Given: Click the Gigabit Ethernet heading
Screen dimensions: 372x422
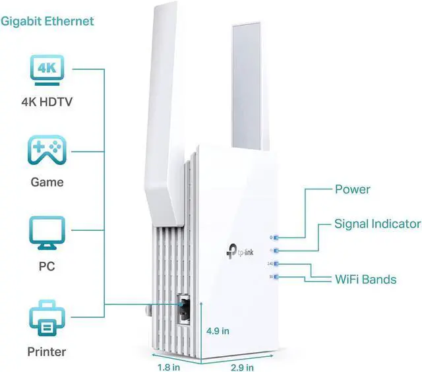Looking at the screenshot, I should coord(47,21).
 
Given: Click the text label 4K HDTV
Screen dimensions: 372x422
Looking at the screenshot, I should coord(47,102).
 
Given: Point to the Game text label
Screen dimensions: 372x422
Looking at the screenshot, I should coord(47,181).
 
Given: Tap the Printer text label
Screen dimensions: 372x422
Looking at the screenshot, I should coord(47,351).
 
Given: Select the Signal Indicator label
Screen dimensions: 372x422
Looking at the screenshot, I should coord(377,224).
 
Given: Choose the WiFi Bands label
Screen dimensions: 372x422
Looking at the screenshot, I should coord(366,279).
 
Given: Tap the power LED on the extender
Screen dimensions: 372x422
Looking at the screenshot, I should coord(276,236).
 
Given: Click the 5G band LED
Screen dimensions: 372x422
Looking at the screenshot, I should coord(276,276).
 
